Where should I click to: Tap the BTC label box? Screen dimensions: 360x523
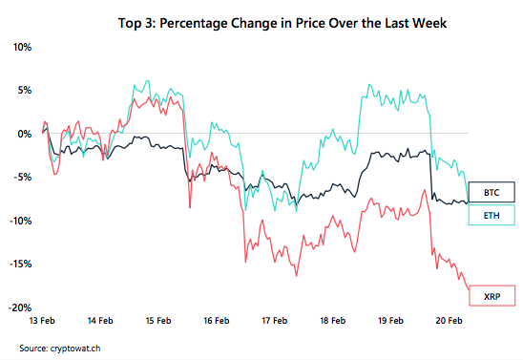(x=491, y=190)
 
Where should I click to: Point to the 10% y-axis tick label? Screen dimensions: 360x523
(x=22, y=47)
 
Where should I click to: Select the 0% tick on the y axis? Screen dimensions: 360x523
(x=25, y=134)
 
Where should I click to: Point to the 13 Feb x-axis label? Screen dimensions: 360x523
(x=43, y=321)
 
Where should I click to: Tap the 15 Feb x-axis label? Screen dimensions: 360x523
(x=157, y=321)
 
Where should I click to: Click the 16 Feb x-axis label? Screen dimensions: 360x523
(x=216, y=321)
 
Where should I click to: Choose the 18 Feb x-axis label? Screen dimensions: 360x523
(x=331, y=321)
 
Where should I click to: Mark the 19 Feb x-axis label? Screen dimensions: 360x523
(x=389, y=321)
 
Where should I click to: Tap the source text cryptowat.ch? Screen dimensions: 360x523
(x=68, y=347)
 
